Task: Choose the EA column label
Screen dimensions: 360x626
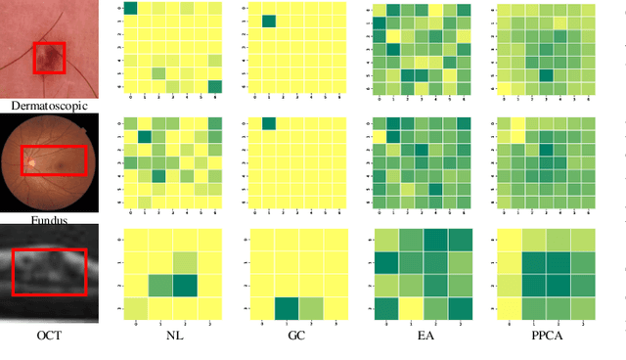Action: [425, 335]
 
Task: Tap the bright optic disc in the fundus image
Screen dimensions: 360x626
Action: [31, 162]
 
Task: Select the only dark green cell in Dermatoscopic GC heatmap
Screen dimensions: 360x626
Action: [269, 22]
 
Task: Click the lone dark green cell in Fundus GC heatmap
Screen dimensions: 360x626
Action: [269, 122]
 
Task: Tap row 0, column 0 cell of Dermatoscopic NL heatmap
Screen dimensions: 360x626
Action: [129, 9]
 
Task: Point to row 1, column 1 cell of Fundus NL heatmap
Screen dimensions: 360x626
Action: [144, 136]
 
